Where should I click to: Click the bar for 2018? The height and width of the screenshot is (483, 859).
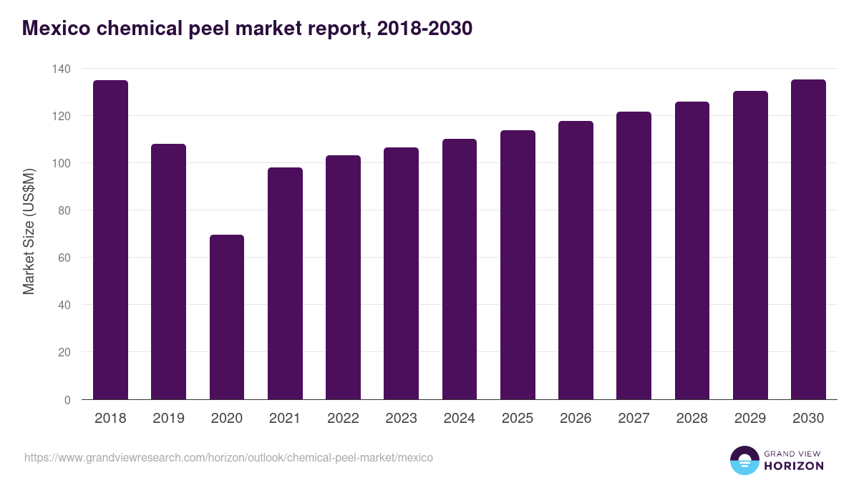(x=110, y=240)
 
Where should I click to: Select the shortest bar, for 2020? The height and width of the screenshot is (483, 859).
(x=227, y=317)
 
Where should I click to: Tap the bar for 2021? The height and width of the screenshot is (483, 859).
(x=285, y=283)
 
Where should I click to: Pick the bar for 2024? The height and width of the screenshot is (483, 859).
(x=460, y=269)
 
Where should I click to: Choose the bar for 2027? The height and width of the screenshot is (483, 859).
(x=634, y=255)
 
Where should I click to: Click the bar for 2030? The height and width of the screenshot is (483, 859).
(x=808, y=240)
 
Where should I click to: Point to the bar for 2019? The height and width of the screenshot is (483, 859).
(x=168, y=272)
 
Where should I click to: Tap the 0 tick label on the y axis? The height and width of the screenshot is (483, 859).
(x=67, y=400)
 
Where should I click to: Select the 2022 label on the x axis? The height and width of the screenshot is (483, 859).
(x=343, y=419)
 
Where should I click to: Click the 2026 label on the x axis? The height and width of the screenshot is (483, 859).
(x=576, y=419)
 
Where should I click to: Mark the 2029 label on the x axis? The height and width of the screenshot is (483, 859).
(x=750, y=419)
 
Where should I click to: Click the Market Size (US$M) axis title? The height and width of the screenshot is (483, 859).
(x=29, y=231)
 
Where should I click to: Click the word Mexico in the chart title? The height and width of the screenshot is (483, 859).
(x=56, y=28)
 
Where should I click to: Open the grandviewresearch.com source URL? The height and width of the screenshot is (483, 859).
(x=228, y=457)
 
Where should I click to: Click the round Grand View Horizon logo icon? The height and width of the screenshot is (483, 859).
(x=744, y=460)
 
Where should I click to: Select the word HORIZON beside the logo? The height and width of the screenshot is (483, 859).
(x=793, y=466)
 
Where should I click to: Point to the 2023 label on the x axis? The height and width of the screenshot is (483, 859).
(x=401, y=419)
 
